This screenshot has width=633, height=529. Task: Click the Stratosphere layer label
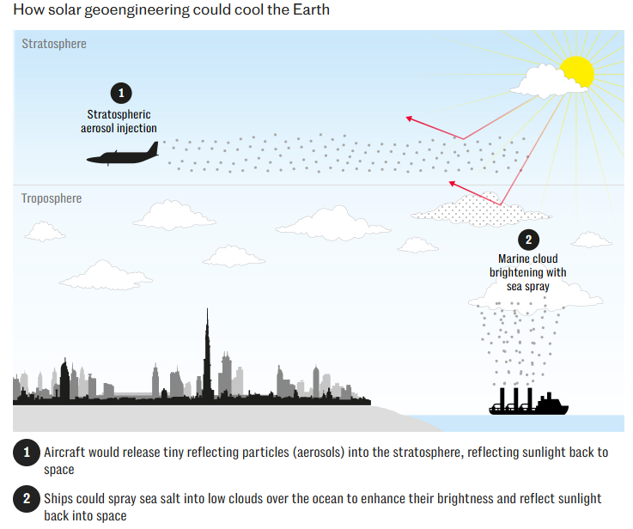54,44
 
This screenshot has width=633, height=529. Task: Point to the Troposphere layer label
52,198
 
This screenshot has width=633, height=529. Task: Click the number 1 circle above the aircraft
121,93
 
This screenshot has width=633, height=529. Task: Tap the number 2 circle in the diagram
528,240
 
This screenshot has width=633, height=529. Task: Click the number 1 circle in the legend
26,453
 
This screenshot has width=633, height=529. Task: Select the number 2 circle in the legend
26,499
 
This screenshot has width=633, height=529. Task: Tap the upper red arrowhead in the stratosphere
410,118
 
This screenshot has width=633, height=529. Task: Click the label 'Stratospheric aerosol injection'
121,121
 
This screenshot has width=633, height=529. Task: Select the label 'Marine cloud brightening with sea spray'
527,272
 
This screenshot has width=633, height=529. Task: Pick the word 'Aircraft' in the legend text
65,453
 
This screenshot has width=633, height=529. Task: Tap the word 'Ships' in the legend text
60,499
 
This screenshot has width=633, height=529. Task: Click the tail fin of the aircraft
151,149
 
